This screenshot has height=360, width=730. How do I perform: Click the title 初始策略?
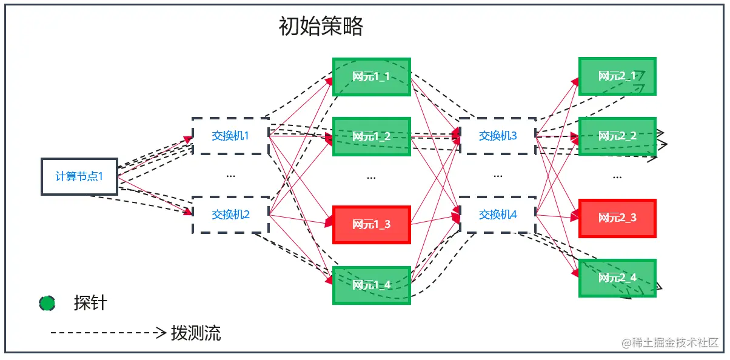click(321, 27)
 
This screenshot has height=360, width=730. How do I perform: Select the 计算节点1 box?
click(79, 177)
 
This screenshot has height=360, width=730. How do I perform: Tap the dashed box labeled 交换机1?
click(230, 136)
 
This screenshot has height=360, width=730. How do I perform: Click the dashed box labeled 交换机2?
click(230, 215)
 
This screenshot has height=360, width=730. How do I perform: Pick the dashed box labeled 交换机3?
click(498, 136)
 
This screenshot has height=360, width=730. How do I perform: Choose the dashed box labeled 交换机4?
click(498, 215)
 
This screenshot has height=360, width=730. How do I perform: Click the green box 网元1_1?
click(372, 77)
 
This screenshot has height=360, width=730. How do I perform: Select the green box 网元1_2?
click(372, 136)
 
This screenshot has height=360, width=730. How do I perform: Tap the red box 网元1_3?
click(372, 224)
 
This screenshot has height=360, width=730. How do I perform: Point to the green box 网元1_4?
click(372, 285)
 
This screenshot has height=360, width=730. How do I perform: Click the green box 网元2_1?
click(617, 76)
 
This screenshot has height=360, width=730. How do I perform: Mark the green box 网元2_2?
click(617, 136)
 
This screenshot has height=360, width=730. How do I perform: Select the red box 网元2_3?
click(617, 218)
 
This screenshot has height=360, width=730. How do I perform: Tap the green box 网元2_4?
click(617, 278)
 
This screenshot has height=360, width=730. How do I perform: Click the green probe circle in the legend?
click(47, 303)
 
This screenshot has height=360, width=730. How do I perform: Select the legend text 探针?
click(90, 303)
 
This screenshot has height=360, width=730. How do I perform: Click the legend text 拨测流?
click(196, 333)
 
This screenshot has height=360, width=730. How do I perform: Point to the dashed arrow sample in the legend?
click(108, 333)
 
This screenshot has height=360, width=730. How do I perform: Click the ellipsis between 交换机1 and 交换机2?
click(230, 176)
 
